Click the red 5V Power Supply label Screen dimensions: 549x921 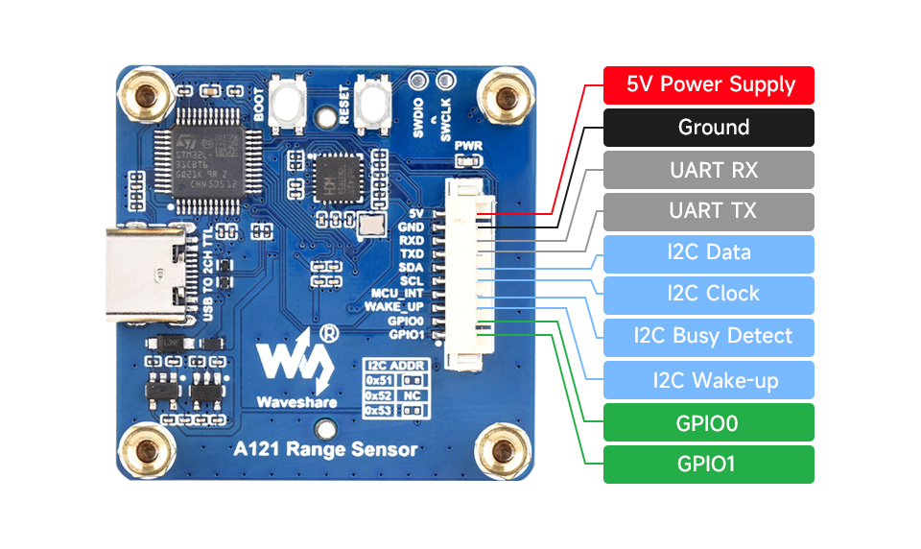point(708,84)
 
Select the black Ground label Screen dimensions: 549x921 point(708,128)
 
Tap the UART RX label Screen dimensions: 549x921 point(708,170)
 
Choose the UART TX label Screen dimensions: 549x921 point(708,211)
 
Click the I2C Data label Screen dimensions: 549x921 point(708,253)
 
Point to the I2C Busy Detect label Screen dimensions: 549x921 point(708,337)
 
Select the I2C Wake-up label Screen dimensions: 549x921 point(708,380)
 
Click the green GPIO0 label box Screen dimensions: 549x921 point(708,422)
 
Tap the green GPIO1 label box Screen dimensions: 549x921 point(708,465)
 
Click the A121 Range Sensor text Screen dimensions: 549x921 point(326,448)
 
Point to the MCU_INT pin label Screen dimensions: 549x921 point(397,293)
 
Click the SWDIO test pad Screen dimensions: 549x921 point(418,81)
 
